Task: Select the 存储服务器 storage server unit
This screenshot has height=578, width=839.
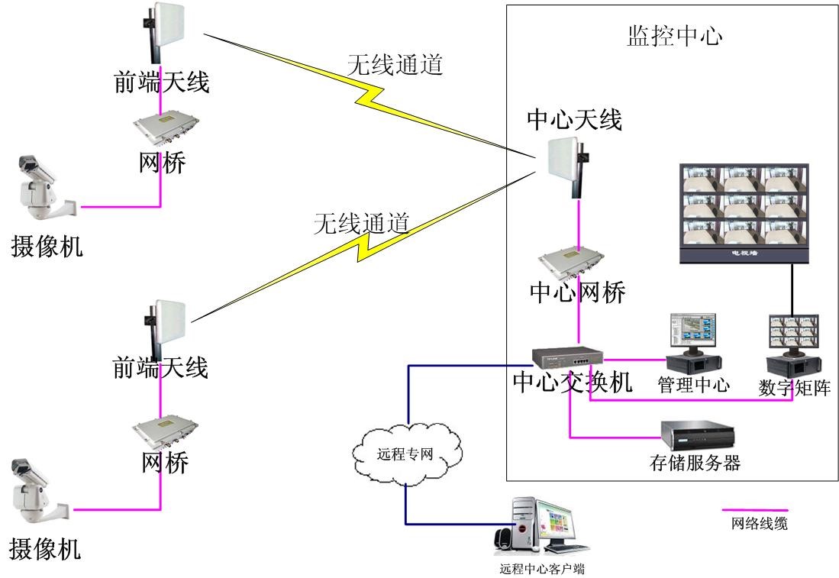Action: [700, 437]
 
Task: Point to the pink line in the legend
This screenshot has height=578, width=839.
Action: [755, 509]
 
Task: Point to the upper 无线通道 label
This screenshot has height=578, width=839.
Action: [395, 65]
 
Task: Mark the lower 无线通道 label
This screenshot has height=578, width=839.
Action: [362, 223]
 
